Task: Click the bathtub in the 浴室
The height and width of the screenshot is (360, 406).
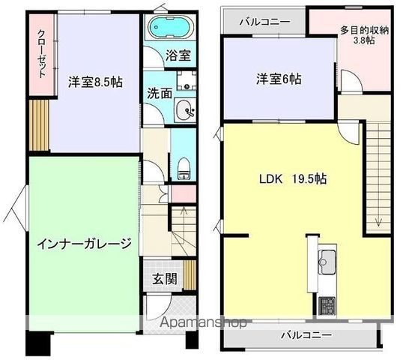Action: coord(172,26)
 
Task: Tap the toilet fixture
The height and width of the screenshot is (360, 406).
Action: coord(184,169)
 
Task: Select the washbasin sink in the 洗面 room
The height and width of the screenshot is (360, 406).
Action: coord(185,110)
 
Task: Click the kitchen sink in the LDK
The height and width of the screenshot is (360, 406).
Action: coord(327,262)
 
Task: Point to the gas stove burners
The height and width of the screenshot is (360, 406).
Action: coord(327,305)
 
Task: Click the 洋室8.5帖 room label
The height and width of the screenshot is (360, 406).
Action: coord(95,82)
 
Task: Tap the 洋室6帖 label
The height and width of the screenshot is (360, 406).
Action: coord(279,79)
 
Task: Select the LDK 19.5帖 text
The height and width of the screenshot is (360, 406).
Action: coord(293,178)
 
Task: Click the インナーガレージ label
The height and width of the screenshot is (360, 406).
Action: coord(85,243)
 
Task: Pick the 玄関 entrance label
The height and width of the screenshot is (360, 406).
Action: coord(165,279)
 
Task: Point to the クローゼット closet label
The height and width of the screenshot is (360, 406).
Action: coord(43,54)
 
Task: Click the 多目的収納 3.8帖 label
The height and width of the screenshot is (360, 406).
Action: coord(364,35)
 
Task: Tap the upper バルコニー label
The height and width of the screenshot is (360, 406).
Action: coord(264,22)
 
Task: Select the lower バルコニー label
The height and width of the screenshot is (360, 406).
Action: coord(306,335)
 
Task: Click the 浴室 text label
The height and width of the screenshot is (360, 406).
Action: coord(178,55)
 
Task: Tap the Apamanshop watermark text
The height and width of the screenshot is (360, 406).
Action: coord(203,322)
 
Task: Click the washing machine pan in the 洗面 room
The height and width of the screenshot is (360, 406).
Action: coord(187,80)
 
